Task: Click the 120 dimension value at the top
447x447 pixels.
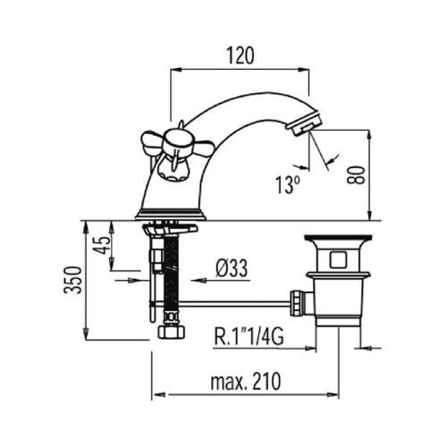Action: [x=240, y=55]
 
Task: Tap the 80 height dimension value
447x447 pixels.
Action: [x=356, y=175]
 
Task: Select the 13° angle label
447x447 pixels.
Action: [x=287, y=185]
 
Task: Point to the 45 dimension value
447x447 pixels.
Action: [x=102, y=245]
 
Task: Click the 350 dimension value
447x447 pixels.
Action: [x=72, y=280]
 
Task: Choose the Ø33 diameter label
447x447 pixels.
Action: [x=232, y=268]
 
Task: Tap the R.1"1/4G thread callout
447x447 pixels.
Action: [x=249, y=337]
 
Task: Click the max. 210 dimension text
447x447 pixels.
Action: [x=246, y=382]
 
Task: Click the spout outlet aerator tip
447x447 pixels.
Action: [x=305, y=124]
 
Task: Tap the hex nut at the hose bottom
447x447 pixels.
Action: [x=171, y=332]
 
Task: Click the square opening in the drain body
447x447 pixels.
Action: [x=338, y=259]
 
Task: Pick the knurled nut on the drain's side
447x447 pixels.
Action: [x=297, y=304]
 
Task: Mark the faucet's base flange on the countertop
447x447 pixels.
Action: [x=171, y=215]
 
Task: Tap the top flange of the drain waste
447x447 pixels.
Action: [x=338, y=238]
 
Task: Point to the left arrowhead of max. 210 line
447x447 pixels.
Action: [x=158, y=395]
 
